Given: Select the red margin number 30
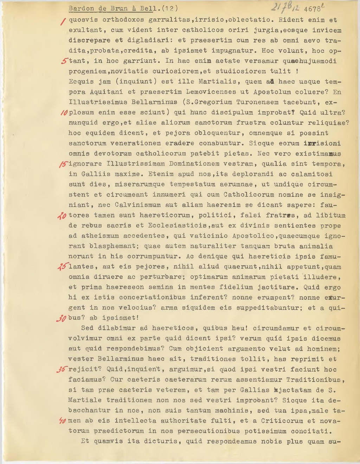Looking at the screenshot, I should point(62,319).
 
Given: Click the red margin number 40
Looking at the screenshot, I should point(63,421).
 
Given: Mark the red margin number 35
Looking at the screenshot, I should point(62,370).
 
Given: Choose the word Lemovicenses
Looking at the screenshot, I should point(211,92).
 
